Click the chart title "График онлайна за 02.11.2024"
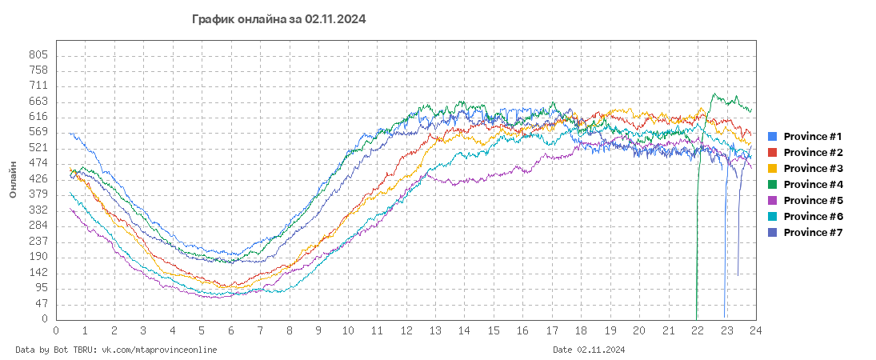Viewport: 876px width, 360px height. (x=279, y=19)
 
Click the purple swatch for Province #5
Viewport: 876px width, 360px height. (x=773, y=201)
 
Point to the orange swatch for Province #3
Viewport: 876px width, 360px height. (x=773, y=169)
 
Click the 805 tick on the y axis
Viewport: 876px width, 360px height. (x=39, y=55)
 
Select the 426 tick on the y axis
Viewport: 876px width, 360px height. (x=39, y=179)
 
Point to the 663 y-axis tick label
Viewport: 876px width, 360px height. (x=39, y=102)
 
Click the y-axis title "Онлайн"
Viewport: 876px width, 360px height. (x=13, y=179)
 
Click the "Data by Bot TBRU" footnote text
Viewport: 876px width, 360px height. (x=116, y=350)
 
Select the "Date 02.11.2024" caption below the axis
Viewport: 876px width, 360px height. (x=589, y=350)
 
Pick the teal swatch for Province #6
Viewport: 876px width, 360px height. (x=773, y=217)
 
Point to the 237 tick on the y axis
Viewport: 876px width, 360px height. (x=39, y=242)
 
